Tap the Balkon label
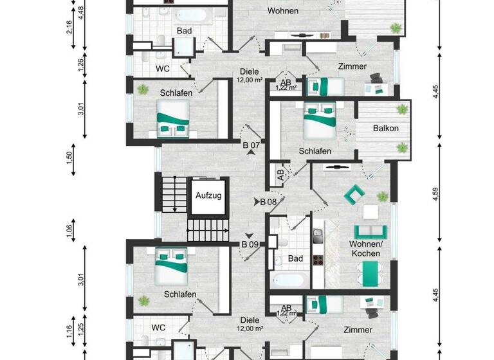coord(386,129)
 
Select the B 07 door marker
coord(251,146)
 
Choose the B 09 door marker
coord(250,244)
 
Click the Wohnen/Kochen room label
coord(365,249)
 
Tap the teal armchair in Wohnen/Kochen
coord(353,193)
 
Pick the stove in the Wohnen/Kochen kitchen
coord(317,260)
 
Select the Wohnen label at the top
coord(282,12)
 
